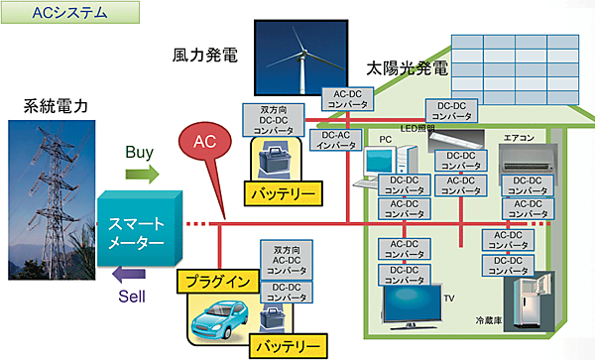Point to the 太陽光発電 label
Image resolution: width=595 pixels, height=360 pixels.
tap(406, 71)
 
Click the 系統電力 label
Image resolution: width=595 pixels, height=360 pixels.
tap(49, 104)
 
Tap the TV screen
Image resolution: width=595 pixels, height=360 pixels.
tap(411, 301)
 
